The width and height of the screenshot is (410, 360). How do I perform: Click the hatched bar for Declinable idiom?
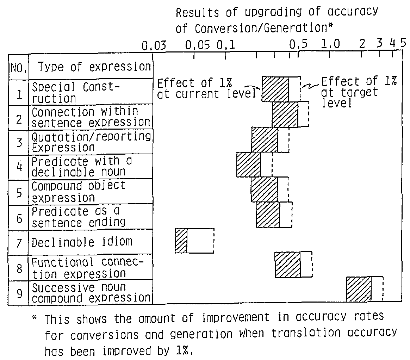[x=181, y=241]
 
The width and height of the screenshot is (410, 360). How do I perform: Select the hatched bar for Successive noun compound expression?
[x=359, y=289]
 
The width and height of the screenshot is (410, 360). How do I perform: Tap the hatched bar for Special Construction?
[x=275, y=89]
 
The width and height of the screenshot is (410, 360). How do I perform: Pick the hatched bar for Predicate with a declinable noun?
[x=249, y=165]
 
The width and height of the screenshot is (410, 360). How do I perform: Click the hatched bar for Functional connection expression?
[x=287, y=265]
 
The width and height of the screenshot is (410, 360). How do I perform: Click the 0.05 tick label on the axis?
[x=198, y=46]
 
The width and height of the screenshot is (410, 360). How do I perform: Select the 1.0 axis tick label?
[x=330, y=46]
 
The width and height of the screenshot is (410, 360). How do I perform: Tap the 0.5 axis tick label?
[x=298, y=46]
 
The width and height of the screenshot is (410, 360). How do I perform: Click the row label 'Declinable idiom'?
[x=82, y=242]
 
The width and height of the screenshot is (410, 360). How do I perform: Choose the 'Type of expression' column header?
[x=94, y=67]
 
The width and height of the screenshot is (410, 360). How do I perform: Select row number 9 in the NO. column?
[x=19, y=293]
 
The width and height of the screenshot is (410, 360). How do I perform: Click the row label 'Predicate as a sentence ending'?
[x=79, y=217]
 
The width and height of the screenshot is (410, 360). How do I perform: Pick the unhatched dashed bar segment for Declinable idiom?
[x=200, y=241]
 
